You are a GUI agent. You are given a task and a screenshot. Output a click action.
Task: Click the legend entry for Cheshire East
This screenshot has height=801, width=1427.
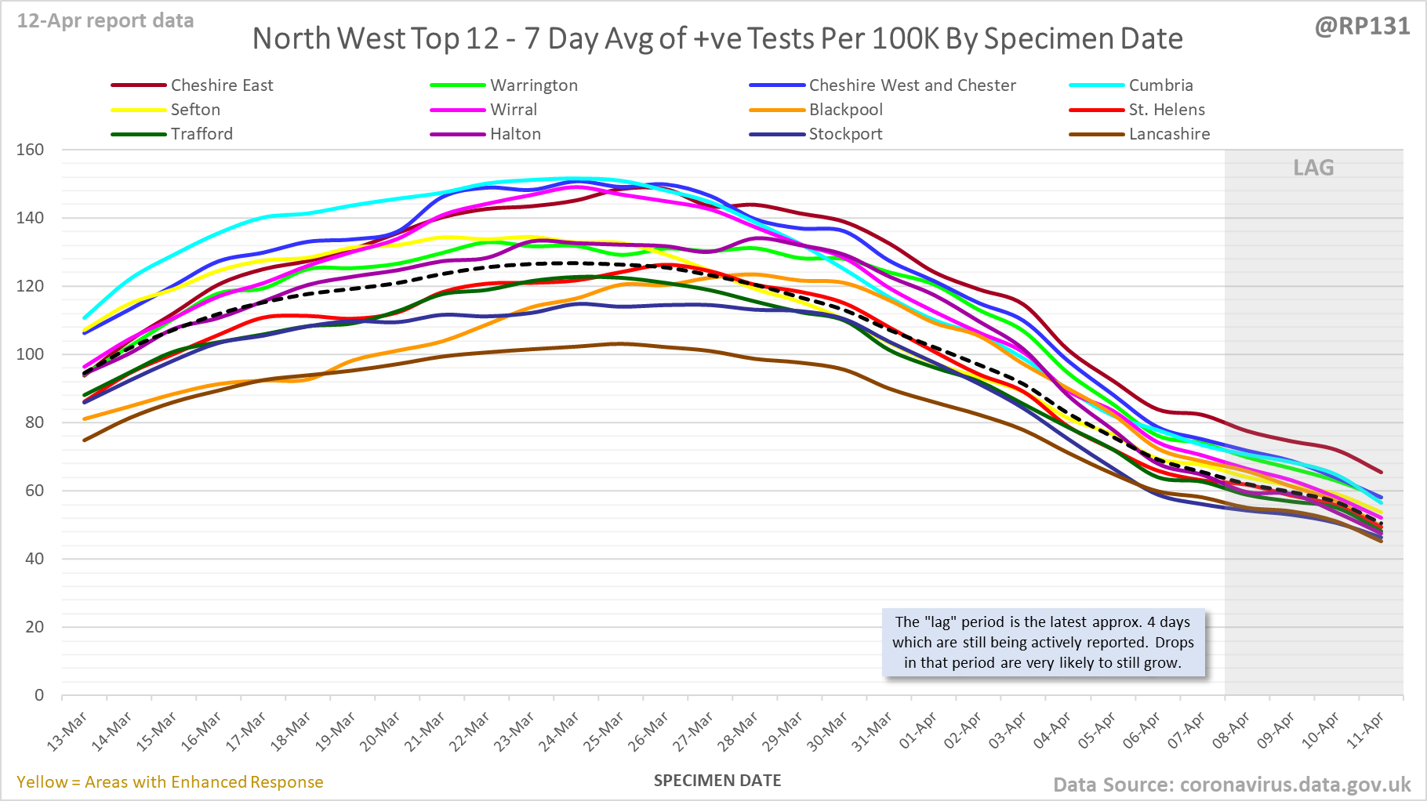point(222,85)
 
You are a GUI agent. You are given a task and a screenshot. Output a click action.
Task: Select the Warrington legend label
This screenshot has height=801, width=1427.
point(534,85)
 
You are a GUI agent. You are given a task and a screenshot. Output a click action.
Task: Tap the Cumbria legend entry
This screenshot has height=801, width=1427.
point(1160,85)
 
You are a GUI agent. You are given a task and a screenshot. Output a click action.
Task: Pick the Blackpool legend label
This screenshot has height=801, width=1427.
point(846,110)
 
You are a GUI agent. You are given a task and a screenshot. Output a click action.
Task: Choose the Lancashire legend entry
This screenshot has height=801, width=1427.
point(1169,134)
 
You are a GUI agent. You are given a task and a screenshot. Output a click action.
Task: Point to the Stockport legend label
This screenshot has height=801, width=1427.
point(845,134)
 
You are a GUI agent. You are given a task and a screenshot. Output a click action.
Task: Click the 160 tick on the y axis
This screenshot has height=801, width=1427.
point(31,150)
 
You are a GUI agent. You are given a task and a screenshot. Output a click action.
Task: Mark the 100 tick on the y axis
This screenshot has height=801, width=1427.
point(31,354)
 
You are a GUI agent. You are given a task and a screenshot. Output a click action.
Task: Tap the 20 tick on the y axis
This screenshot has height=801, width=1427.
point(34,627)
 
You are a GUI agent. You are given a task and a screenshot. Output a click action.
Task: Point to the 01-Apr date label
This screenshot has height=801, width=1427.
point(917,731)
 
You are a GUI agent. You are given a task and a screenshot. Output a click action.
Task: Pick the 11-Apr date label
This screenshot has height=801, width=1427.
point(1365,731)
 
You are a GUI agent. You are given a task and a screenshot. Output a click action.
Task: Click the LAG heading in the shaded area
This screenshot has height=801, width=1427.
point(1313,168)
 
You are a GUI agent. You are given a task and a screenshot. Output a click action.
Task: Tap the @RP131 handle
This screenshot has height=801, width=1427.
point(1362,27)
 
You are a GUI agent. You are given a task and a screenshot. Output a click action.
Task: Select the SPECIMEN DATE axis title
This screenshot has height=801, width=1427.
point(717,781)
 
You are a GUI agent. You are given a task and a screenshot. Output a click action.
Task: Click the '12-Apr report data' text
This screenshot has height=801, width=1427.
point(105,21)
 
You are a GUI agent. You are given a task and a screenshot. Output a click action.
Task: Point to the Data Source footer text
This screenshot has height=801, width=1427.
point(1232,785)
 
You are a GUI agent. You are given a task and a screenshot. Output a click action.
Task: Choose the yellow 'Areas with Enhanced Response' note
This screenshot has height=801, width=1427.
point(170,782)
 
